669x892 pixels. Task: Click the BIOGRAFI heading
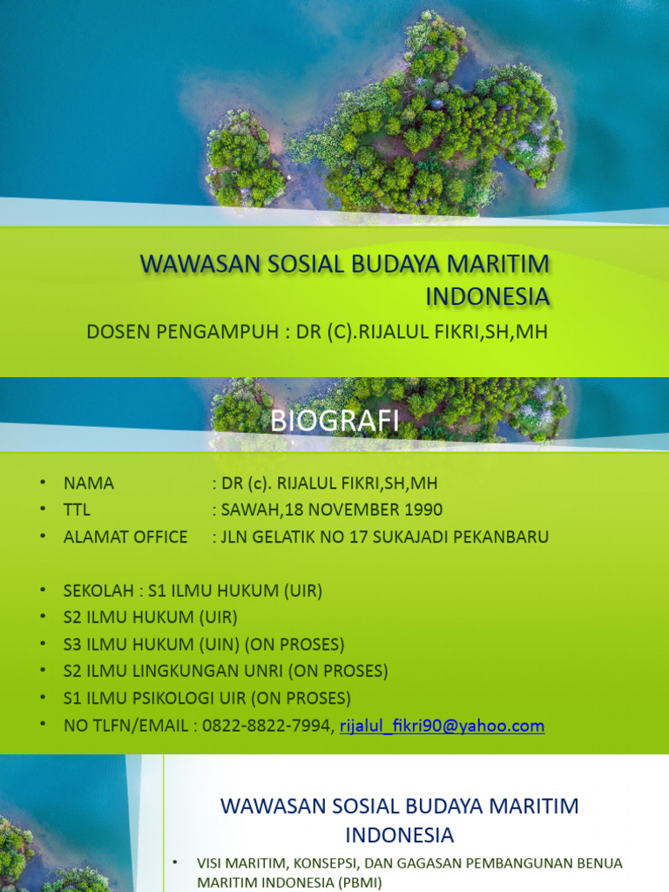(x=334, y=422)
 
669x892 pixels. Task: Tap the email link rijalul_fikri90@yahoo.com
(x=442, y=726)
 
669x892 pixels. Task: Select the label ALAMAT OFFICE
(x=125, y=537)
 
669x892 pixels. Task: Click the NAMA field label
(x=89, y=483)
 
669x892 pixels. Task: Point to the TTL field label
(x=77, y=510)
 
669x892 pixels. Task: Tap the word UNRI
(x=260, y=672)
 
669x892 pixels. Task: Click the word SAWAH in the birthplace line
(x=247, y=510)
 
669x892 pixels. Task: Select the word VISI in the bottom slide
(x=212, y=863)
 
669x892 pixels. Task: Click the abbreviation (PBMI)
(x=355, y=882)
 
